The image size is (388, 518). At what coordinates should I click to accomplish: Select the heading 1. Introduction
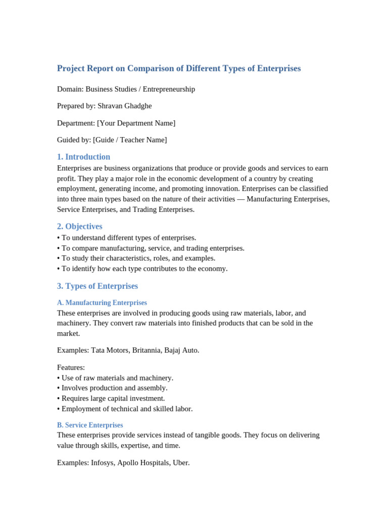click(83, 157)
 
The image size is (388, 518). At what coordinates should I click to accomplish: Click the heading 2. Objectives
click(80, 226)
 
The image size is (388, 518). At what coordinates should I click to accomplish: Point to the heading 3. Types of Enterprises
click(98, 286)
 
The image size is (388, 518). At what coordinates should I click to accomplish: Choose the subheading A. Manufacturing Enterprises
click(102, 303)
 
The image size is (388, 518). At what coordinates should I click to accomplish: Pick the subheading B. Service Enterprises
click(90, 425)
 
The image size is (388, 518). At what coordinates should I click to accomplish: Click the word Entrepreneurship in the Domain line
click(169, 89)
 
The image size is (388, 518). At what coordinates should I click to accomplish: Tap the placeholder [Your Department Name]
click(136, 123)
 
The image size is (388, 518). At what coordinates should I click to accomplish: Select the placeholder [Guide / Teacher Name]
click(130, 140)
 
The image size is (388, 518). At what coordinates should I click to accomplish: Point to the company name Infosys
click(103, 462)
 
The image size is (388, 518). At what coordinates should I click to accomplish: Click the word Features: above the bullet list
click(71, 367)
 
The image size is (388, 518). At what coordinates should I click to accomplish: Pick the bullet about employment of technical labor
click(125, 409)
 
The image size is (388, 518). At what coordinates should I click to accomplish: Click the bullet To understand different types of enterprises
click(127, 238)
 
